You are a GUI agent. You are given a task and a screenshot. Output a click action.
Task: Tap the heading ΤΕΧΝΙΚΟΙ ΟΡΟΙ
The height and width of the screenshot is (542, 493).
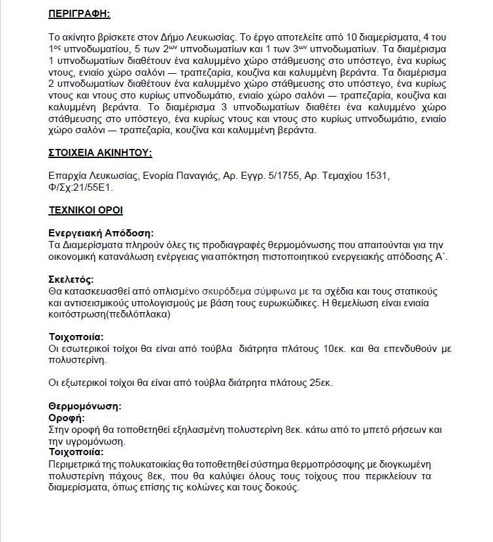(x=85, y=210)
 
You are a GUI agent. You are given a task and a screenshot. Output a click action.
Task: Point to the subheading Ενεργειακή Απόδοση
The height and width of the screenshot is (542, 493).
(x=101, y=232)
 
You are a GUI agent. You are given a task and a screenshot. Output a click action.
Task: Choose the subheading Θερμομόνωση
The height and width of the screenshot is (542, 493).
(x=85, y=406)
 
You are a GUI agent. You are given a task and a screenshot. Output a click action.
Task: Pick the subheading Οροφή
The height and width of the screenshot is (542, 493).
(x=67, y=417)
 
